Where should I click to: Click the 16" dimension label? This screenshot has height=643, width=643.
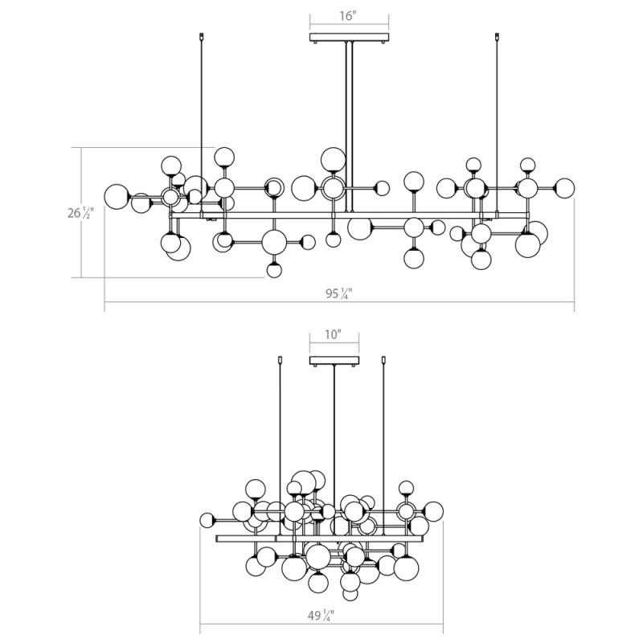[x=348, y=16]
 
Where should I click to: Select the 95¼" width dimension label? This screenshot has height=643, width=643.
[x=339, y=293]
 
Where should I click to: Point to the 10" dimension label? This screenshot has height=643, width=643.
[x=333, y=334]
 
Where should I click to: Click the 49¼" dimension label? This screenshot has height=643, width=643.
[x=321, y=616]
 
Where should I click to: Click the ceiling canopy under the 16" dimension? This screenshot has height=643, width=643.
[x=349, y=38]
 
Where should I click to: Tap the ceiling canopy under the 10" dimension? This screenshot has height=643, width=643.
[x=334, y=361]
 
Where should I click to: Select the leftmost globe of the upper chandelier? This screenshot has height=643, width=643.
[x=117, y=196]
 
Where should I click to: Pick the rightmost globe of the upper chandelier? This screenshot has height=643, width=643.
[x=564, y=188]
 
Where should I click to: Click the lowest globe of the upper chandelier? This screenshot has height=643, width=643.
[x=274, y=270]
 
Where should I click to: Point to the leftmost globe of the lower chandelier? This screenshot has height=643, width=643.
[x=207, y=520]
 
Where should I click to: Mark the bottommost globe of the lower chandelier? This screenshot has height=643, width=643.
[x=350, y=593]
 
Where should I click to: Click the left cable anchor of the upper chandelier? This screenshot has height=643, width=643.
[x=201, y=36]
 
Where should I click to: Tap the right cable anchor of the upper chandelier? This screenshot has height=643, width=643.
[x=497, y=36]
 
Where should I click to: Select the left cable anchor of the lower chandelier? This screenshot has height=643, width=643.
[x=280, y=359]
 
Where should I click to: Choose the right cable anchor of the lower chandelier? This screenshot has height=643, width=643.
[x=383, y=359]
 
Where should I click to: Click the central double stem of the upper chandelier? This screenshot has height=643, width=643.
[x=349, y=127]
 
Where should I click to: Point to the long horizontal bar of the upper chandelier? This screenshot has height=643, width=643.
[x=349, y=215]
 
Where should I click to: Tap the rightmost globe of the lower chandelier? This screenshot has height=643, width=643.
[x=433, y=511]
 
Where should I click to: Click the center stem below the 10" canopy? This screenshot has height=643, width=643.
[x=334, y=450]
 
